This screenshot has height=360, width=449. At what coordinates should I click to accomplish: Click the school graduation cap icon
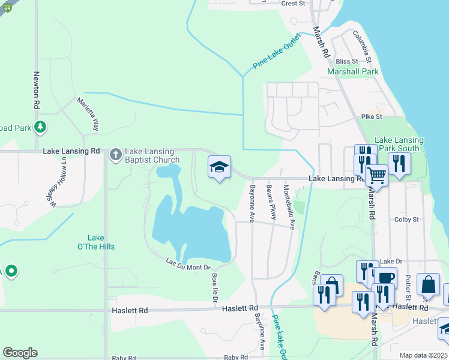[x=220, y=167]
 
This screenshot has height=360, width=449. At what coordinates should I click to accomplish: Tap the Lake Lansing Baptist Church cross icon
[x=115, y=155]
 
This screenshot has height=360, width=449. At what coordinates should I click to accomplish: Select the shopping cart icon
[x=376, y=175]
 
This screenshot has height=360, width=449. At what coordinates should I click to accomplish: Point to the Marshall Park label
[x=352, y=71]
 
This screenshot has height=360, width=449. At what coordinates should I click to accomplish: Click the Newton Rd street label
[x=37, y=90]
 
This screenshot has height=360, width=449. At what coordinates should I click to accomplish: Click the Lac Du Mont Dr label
[x=188, y=263]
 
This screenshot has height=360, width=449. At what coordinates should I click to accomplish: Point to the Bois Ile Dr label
[x=215, y=288]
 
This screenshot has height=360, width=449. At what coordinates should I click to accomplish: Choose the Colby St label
[x=406, y=220]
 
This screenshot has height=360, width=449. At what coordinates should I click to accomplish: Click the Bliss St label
[x=347, y=61]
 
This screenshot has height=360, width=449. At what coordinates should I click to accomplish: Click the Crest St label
[x=294, y=4]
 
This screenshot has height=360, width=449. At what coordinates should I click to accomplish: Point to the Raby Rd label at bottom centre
[x=236, y=358]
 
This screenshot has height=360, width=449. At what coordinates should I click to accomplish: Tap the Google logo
[x=20, y=353]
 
